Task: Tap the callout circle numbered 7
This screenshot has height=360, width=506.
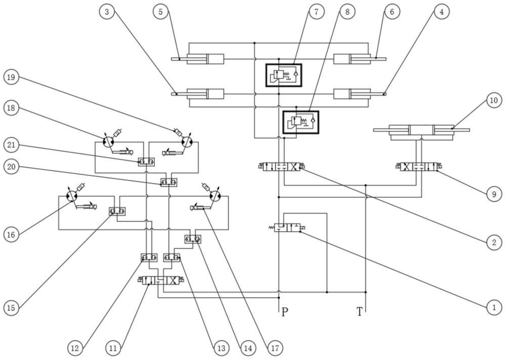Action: (316, 11)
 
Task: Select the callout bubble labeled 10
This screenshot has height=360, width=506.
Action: (494, 100)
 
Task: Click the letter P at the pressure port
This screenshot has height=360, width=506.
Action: (284, 312)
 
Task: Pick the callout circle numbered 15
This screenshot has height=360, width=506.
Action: (11, 308)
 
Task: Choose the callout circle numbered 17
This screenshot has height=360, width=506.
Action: (275, 348)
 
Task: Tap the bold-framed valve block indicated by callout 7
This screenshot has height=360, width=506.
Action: (284, 75)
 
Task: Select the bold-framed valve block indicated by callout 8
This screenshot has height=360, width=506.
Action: (301, 122)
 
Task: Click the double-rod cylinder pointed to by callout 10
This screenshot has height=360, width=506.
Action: (421, 132)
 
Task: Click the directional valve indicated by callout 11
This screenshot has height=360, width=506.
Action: (161, 280)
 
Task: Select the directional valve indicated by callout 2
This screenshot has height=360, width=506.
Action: (281, 167)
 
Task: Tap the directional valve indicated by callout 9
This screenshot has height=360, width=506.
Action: (418, 167)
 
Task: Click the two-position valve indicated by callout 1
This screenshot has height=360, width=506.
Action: (287, 227)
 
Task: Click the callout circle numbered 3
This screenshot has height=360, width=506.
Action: (107, 12)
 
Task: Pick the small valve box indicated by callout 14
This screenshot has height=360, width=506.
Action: (193, 239)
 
